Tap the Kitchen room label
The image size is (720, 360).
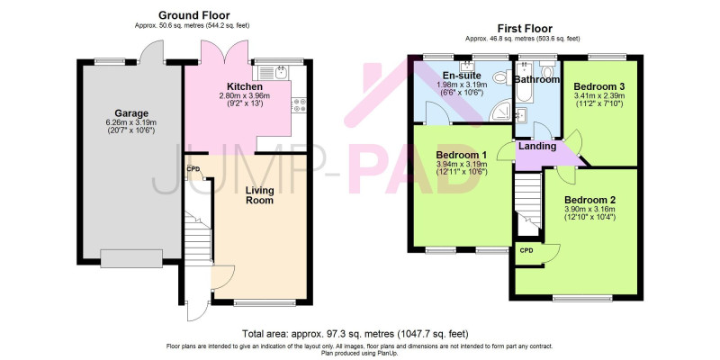tap(245, 86)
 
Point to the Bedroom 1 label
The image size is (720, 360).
tap(461, 154)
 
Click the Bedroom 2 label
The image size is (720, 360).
tap(590, 200)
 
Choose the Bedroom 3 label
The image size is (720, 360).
tap(599, 86)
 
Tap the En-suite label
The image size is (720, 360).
tap(461, 76)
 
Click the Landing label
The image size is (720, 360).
tap(537, 147)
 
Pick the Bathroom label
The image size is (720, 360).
tap(536, 79)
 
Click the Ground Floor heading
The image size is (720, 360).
tap(194, 15)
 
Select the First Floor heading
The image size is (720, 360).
tap(526, 29)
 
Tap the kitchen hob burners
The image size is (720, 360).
tap(299, 104)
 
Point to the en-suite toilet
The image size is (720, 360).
tap(502, 76)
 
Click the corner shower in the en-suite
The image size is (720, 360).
tap(500, 111)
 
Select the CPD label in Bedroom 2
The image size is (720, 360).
tap(526, 251)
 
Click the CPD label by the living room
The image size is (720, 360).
tap(192, 169)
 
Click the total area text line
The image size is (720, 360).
tap(355, 333)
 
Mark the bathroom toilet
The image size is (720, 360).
tap(547, 70)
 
